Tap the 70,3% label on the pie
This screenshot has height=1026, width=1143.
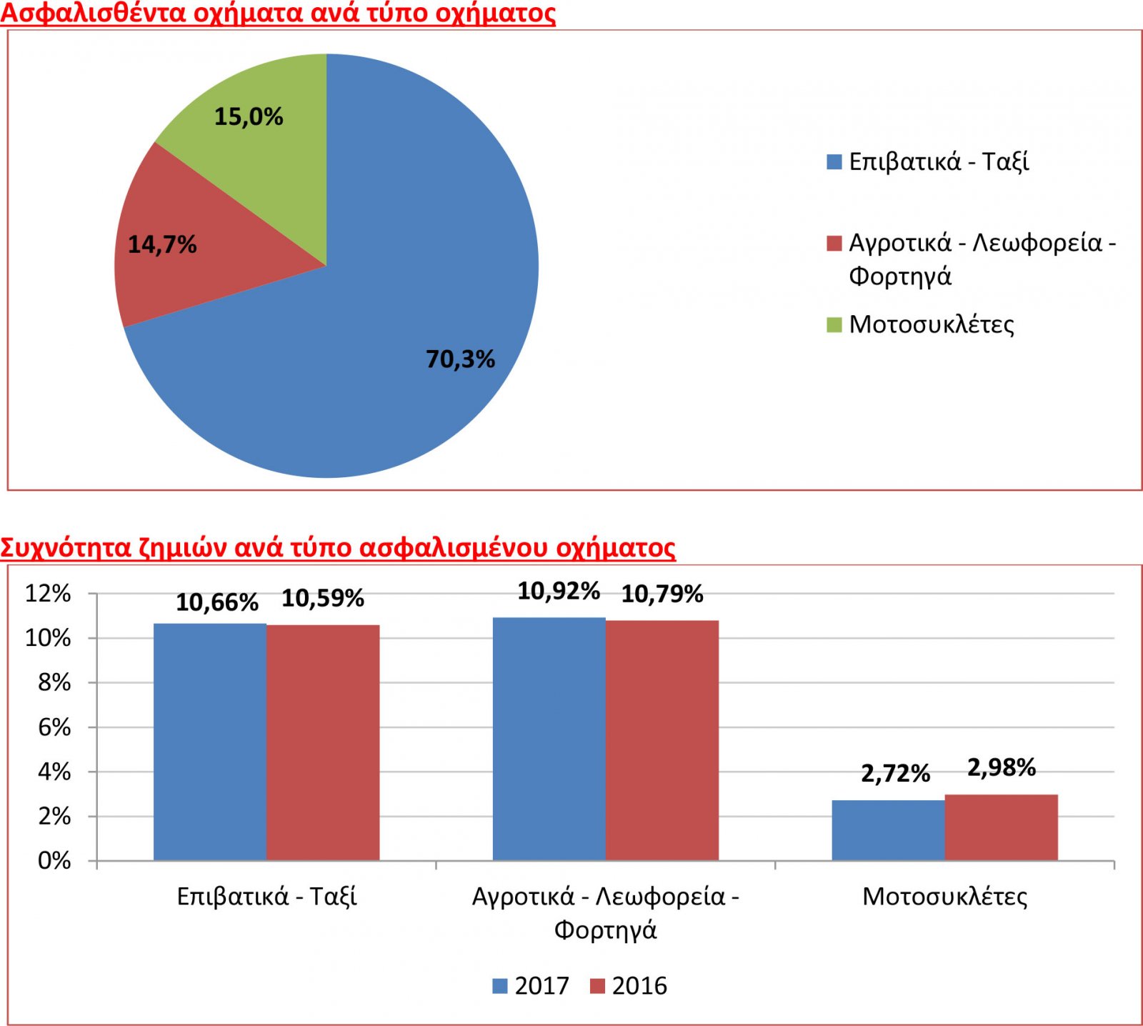coord(460,359)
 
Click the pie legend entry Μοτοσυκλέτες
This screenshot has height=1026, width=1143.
coord(931,324)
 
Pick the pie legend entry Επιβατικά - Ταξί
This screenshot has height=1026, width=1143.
coord(938,162)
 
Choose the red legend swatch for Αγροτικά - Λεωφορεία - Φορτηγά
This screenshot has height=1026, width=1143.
coord(834,244)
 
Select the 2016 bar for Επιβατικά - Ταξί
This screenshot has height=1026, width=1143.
coord(323,742)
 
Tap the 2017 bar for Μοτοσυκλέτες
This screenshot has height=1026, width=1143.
coord(888,830)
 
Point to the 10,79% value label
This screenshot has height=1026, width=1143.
coord(662,594)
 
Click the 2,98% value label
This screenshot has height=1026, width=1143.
coord(1001,768)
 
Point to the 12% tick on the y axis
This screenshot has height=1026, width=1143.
coord(49,594)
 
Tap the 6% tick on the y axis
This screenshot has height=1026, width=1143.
coord(54,727)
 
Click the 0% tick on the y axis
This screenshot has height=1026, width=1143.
coord(54,860)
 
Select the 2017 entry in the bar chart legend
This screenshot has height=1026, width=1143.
coord(531,986)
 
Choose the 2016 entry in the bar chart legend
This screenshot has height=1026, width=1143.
coord(629,986)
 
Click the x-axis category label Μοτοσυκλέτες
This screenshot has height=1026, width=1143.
coord(944,897)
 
